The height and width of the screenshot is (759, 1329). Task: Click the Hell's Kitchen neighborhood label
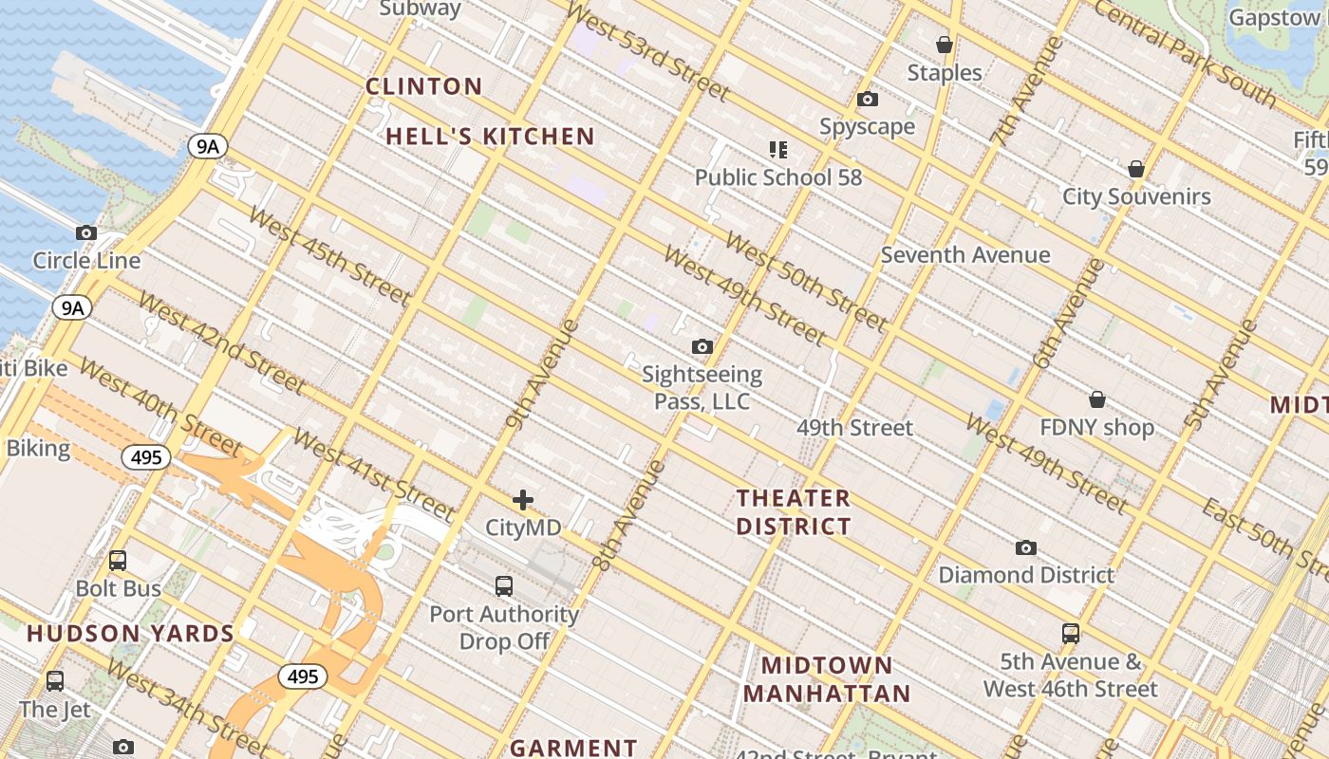click(x=490, y=137)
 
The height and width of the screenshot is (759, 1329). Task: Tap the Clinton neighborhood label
click(x=424, y=86)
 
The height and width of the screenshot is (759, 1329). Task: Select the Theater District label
click(x=794, y=511)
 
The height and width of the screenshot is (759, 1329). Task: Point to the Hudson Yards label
click(x=130, y=634)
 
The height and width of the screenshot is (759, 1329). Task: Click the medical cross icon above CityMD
click(x=523, y=500)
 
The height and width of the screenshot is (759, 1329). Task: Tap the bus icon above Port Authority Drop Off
click(x=504, y=586)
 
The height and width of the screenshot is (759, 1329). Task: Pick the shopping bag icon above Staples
click(x=945, y=45)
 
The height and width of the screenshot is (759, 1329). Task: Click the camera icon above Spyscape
click(x=867, y=99)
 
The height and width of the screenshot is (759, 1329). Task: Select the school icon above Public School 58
click(x=778, y=149)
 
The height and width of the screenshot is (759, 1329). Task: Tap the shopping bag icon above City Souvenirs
click(x=1136, y=169)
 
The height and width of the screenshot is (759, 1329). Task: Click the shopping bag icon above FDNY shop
click(x=1097, y=399)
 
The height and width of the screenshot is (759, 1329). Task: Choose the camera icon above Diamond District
click(x=1025, y=547)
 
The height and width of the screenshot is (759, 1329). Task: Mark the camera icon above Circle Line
click(x=86, y=232)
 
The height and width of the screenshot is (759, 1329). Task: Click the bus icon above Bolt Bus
click(x=118, y=561)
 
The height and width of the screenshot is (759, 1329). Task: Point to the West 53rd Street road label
click(x=647, y=52)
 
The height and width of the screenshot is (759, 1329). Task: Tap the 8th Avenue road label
click(x=627, y=514)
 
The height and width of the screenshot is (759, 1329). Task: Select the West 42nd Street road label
click(x=221, y=342)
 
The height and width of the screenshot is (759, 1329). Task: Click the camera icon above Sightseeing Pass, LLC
click(x=702, y=346)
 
